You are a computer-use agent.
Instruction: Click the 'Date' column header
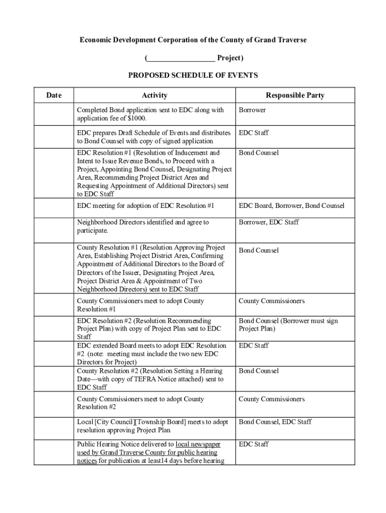click(54, 95)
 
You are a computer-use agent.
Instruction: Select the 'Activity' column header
click(154, 95)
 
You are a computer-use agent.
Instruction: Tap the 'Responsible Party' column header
click(295, 95)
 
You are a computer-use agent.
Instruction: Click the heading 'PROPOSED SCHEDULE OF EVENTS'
click(193, 76)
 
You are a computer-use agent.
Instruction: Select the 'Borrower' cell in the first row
click(252, 110)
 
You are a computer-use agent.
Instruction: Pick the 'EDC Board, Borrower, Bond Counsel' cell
click(291, 206)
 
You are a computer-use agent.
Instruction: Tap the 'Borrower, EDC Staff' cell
click(269, 222)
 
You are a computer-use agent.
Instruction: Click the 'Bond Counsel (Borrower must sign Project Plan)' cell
click(288, 325)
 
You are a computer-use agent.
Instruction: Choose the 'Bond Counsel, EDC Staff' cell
click(275, 422)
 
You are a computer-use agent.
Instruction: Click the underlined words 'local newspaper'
click(198, 444)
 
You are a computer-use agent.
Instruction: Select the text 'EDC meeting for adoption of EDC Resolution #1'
click(145, 206)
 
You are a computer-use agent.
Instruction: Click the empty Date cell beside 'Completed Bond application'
click(54, 114)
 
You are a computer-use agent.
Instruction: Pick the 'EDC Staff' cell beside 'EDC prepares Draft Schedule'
click(254, 133)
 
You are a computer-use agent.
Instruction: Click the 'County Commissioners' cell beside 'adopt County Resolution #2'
click(271, 399)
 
